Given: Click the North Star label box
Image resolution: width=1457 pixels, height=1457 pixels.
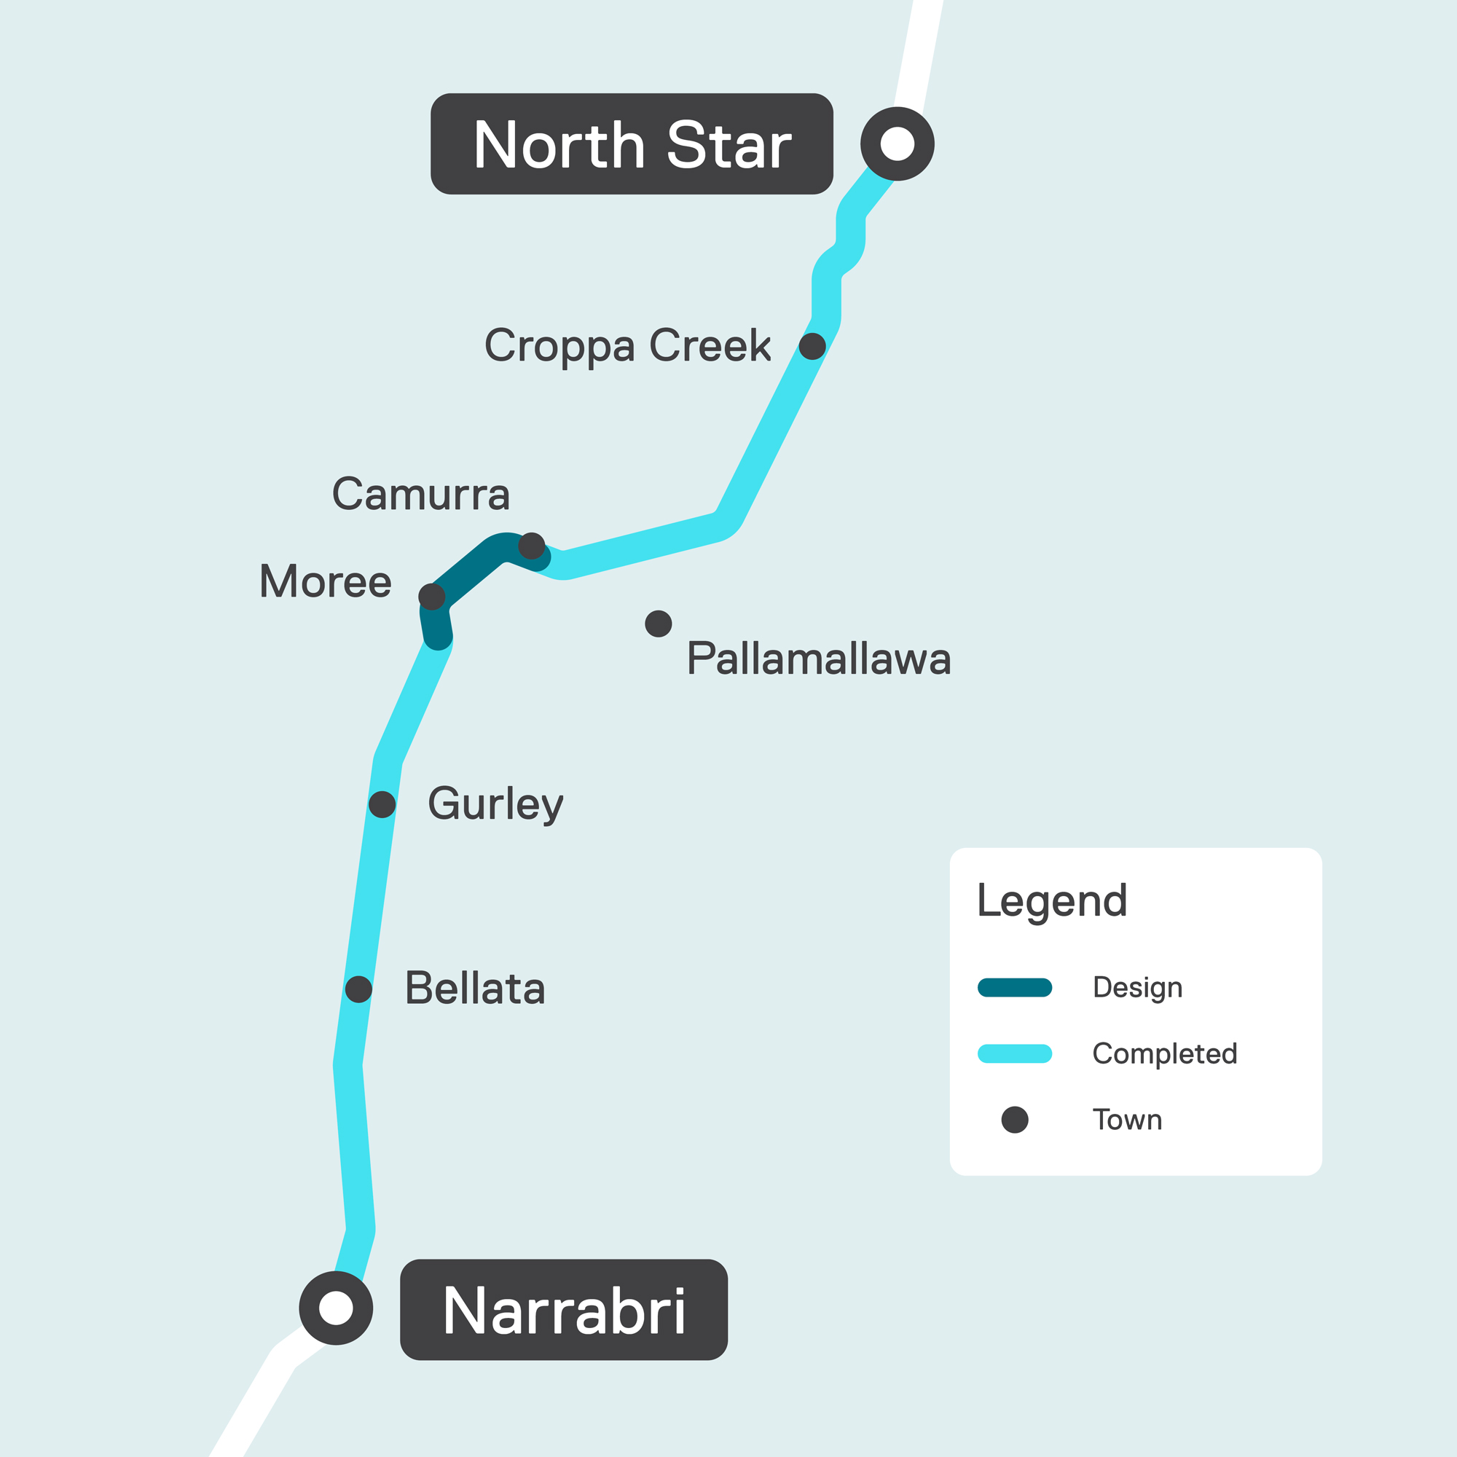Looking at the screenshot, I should (631, 144).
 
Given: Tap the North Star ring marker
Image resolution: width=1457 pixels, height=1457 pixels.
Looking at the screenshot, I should (898, 144).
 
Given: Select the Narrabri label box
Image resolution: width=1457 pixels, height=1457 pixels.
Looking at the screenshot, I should (563, 1310).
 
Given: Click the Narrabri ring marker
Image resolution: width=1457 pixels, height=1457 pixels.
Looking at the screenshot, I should (337, 1308).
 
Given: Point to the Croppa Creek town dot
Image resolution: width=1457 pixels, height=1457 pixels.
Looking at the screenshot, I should (812, 346).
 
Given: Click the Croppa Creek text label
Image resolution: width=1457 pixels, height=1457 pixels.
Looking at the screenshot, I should (627, 346).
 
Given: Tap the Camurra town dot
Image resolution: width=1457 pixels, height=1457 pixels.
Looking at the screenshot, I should (532, 545).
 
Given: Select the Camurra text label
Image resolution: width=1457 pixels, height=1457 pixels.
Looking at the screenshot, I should (421, 495).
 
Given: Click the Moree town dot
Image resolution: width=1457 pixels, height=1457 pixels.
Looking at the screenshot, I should (431, 597).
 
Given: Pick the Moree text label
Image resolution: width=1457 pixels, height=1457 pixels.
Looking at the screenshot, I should (325, 582).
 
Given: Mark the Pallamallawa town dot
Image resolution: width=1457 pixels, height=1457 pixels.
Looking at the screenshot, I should (659, 624).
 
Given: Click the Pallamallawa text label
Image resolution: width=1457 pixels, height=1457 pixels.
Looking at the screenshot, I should (818, 659).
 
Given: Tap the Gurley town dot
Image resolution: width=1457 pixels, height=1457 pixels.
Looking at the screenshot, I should (382, 805).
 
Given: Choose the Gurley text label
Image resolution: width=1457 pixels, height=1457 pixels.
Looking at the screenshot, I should (495, 804).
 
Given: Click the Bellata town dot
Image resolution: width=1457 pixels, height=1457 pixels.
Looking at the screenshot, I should (359, 989).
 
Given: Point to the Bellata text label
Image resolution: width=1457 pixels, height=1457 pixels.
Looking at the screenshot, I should (475, 989).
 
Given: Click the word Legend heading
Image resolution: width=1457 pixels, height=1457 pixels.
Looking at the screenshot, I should (1052, 900).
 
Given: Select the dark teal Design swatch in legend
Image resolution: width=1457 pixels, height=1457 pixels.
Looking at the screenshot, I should (1014, 988).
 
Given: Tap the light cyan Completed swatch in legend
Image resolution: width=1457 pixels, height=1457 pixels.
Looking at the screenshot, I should (1014, 1053).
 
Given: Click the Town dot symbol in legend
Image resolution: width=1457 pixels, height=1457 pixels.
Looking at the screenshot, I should (1014, 1120).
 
